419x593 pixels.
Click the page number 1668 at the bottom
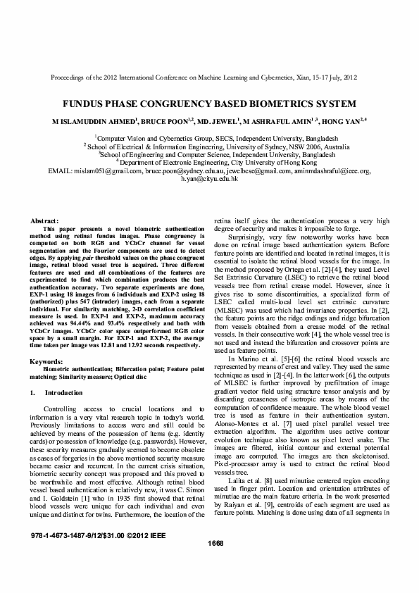tap(215, 562)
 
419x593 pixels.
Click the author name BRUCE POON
tap(165, 121)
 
